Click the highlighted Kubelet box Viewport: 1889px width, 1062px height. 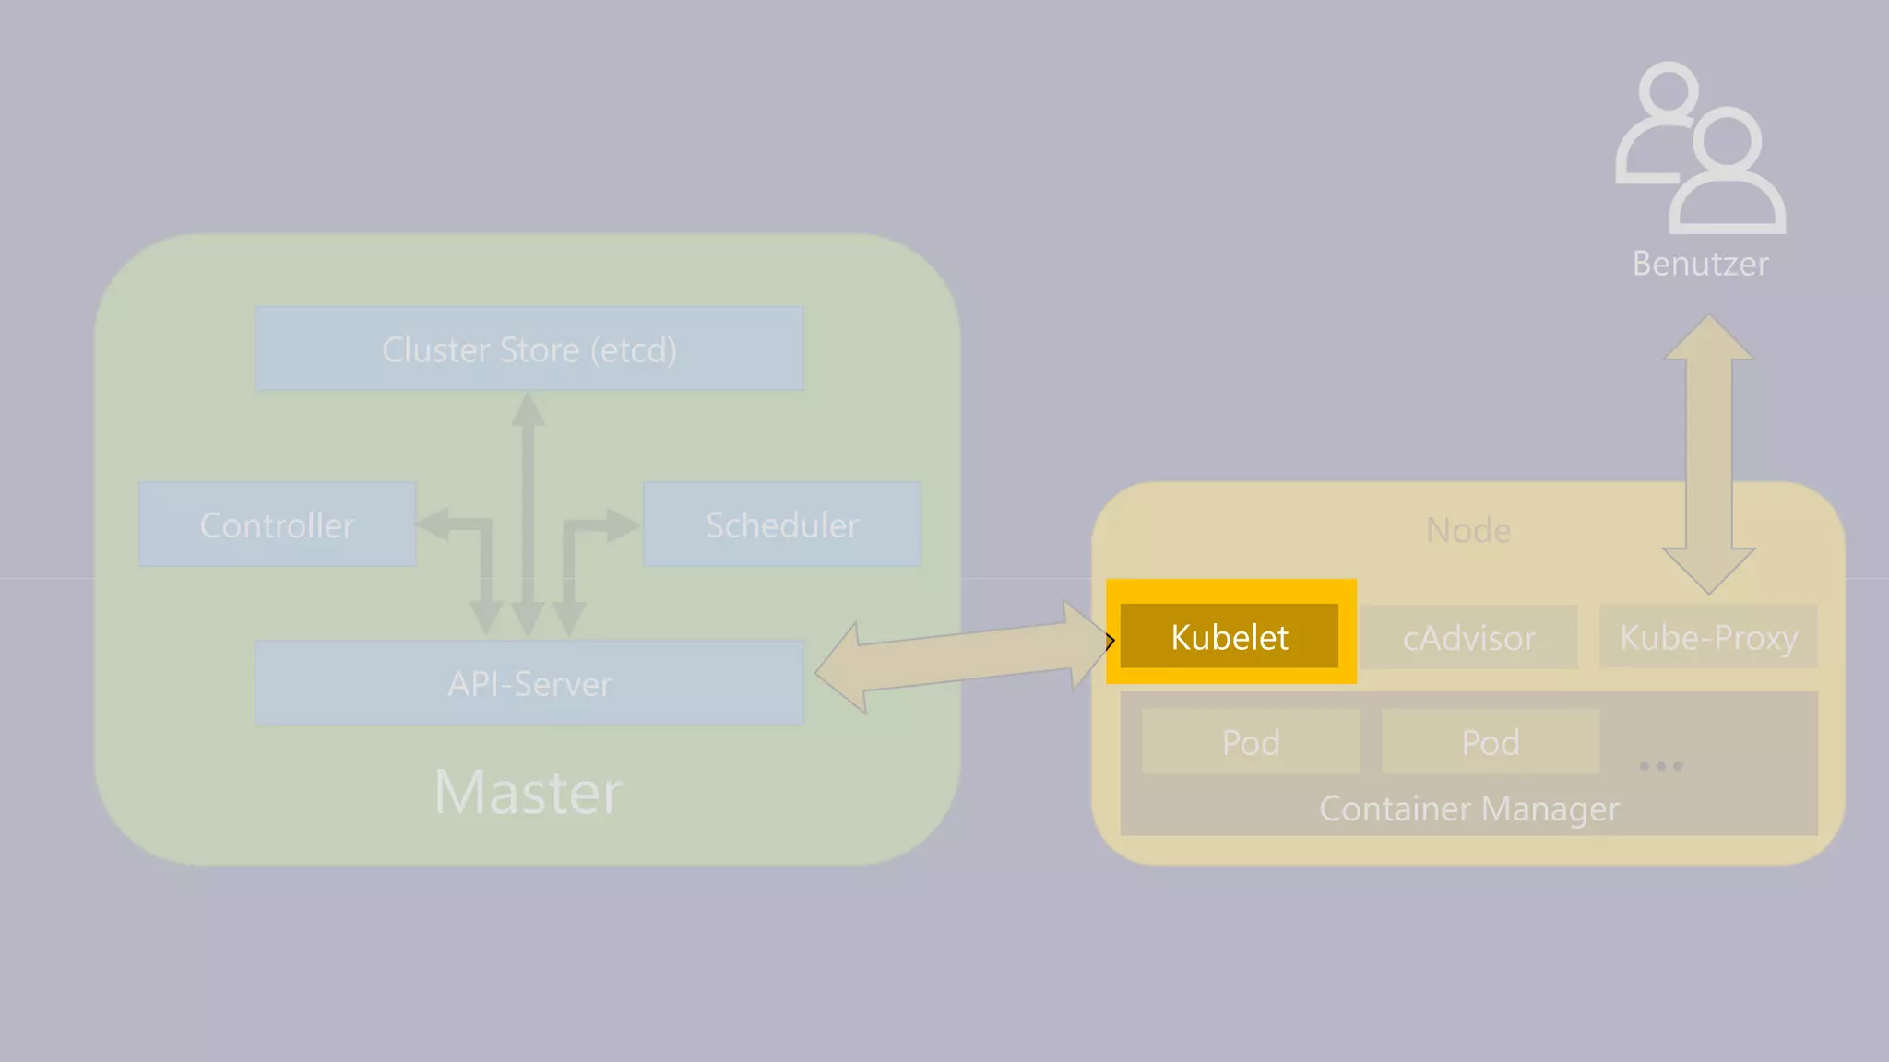tap(1229, 636)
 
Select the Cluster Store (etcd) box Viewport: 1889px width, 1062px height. tap(529, 348)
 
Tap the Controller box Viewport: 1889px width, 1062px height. tap(277, 524)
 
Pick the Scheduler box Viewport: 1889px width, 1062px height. tap(781, 524)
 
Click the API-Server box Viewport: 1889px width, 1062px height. tap(529, 683)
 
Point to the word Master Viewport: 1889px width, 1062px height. tap(529, 792)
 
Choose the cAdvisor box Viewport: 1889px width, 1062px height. tap(1468, 637)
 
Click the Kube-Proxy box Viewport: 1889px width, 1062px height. tap(1708, 636)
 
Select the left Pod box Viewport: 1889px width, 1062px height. tap(1251, 741)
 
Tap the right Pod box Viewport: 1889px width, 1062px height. tap(1490, 741)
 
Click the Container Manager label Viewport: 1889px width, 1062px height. tap(1468, 808)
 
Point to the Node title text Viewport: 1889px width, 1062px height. tap(1468, 530)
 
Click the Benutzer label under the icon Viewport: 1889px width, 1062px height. tap(1700, 264)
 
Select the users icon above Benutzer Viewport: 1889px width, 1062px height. tap(1700, 147)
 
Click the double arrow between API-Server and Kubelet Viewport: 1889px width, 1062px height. tap(964, 656)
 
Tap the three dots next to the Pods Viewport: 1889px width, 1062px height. tap(1660, 766)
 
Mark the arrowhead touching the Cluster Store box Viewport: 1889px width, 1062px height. tap(528, 408)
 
